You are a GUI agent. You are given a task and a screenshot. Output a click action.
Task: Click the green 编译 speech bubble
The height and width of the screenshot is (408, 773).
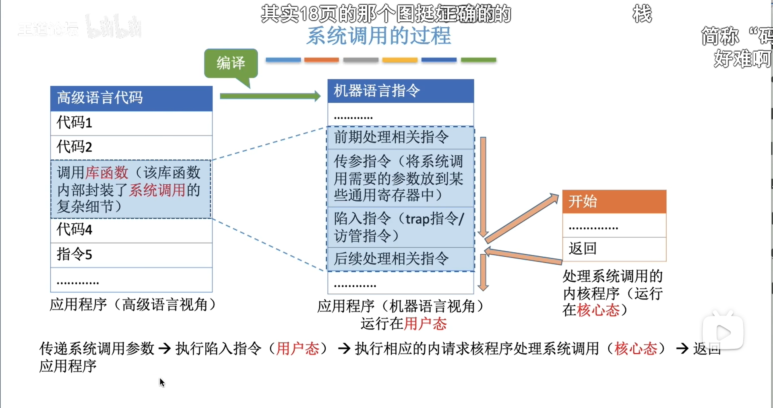click(x=231, y=63)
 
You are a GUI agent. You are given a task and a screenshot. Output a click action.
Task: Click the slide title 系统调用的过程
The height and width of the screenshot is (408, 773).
click(x=378, y=36)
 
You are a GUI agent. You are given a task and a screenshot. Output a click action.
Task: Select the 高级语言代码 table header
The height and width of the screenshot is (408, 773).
click(x=131, y=98)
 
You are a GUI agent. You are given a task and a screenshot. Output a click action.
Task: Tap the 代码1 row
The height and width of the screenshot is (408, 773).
click(x=131, y=123)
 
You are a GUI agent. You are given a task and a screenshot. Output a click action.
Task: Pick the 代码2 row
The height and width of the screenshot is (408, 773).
click(x=131, y=147)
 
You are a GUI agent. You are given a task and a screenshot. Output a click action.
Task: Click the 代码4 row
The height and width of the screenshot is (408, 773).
click(x=131, y=230)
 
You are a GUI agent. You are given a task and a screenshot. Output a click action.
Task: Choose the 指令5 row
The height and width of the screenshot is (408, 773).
click(x=131, y=255)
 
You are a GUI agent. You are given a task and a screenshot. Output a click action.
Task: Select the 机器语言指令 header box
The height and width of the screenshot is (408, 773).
click(x=401, y=91)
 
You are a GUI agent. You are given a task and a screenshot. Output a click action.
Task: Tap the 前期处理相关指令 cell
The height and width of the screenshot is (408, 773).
click(x=401, y=138)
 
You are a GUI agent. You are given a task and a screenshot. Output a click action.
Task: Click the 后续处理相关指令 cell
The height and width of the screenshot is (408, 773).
click(x=401, y=259)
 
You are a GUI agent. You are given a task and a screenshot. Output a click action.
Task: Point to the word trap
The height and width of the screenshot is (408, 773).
click(x=417, y=219)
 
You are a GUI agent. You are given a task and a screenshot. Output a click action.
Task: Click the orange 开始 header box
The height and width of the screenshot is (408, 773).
click(x=614, y=202)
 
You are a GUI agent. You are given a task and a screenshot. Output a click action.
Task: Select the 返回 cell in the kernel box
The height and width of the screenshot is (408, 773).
click(x=614, y=249)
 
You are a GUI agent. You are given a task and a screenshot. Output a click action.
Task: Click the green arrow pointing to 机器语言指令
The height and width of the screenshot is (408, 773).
click(x=270, y=96)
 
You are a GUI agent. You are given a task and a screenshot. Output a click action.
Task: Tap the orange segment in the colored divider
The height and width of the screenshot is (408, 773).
click(x=321, y=60)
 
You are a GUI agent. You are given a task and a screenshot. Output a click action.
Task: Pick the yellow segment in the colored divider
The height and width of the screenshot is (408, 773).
click(x=399, y=60)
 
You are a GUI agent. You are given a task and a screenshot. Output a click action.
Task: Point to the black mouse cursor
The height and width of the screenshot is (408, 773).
click(x=161, y=382)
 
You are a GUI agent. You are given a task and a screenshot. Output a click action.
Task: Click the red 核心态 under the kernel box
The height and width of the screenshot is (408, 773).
click(x=598, y=310)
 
